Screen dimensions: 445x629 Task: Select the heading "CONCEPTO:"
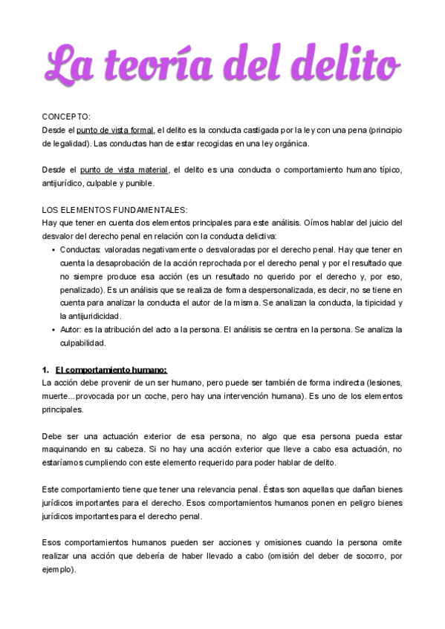click(66, 116)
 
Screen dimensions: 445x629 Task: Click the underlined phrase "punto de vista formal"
click(115, 130)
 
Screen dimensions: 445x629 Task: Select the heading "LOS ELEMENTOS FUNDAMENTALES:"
click(115, 210)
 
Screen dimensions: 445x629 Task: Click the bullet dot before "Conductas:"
click(53, 250)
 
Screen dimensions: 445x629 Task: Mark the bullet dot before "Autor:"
click(53, 330)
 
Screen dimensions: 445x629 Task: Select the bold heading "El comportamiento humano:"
click(111, 370)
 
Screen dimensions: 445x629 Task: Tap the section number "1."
click(45, 370)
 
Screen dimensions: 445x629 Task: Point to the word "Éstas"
click(277, 490)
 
